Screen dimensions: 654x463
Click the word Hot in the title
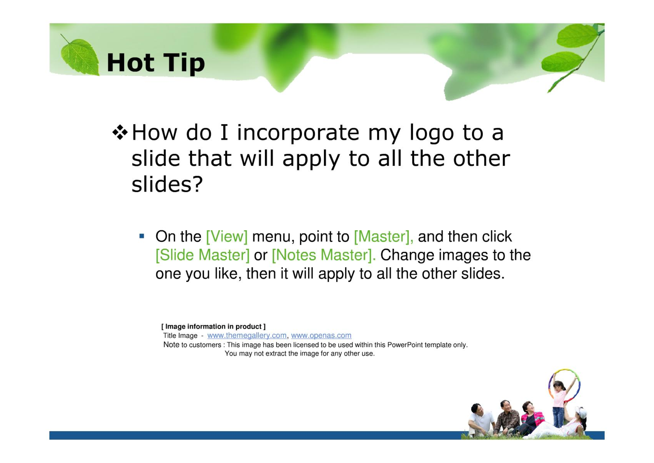coord(130,62)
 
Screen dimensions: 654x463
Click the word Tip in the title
coord(184,63)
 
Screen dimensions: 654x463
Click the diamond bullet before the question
coord(120,132)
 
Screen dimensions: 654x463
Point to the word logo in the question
coord(432,133)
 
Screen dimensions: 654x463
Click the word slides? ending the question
coord(167,184)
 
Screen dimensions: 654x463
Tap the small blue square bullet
coord(142,236)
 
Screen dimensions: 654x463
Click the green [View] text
coord(227,236)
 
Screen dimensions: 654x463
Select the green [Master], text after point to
coord(383,236)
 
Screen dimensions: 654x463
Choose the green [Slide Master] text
coord(202,255)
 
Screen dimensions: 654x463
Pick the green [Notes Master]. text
coord(324,255)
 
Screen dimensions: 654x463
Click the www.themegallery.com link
coord(247,335)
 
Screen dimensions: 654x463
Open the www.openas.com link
coord(321,335)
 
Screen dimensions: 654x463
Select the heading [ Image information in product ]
coord(213,326)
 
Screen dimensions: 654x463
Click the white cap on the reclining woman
coord(581,412)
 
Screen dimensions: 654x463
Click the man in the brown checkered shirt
coord(507,418)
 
